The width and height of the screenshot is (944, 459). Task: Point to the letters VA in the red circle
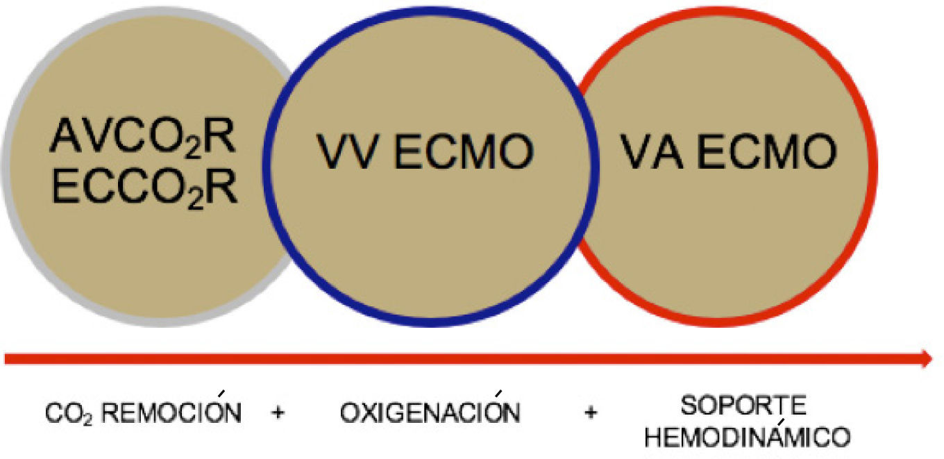click(x=652, y=153)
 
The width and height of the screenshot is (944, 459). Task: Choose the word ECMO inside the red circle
click(x=767, y=153)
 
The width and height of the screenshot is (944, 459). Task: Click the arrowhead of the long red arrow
click(x=927, y=358)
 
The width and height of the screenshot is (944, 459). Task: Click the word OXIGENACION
click(x=430, y=414)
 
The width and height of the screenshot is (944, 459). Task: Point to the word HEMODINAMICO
click(x=747, y=438)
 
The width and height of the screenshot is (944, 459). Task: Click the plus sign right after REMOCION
click(x=278, y=414)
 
